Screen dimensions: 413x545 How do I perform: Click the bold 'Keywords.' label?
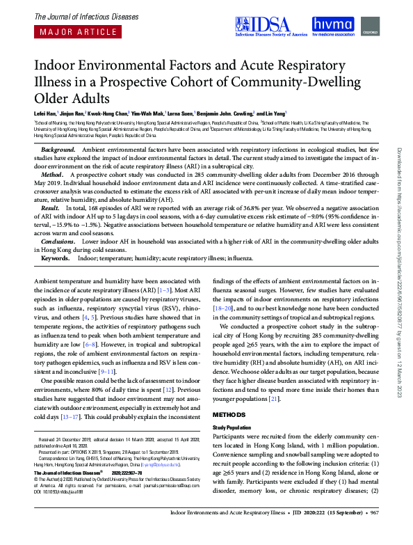pyautogui.click(x=56, y=257)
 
